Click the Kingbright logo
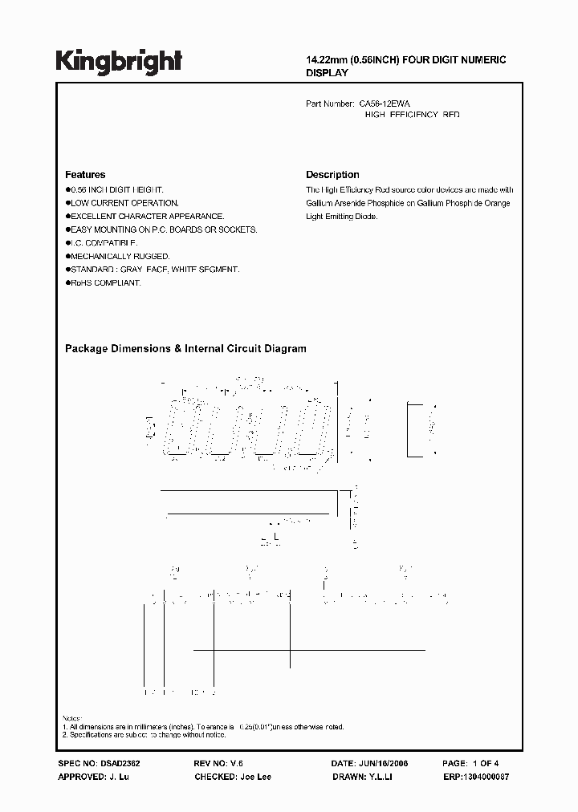click(x=119, y=62)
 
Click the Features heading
click(x=84, y=175)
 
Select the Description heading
click(x=332, y=175)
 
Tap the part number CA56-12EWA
click(x=385, y=104)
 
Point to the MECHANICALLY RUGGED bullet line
click(x=119, y=256)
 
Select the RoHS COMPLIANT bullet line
click(x=106, y=283)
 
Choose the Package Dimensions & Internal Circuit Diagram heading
click(x=185, y=349)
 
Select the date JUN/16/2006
click(x=381, y=764)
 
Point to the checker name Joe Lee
click(x=254, y=777)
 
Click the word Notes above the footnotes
click(x=72, y=718)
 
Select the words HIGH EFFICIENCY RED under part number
click(x=413, y=116)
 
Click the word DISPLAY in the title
click(x=328, y=72)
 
